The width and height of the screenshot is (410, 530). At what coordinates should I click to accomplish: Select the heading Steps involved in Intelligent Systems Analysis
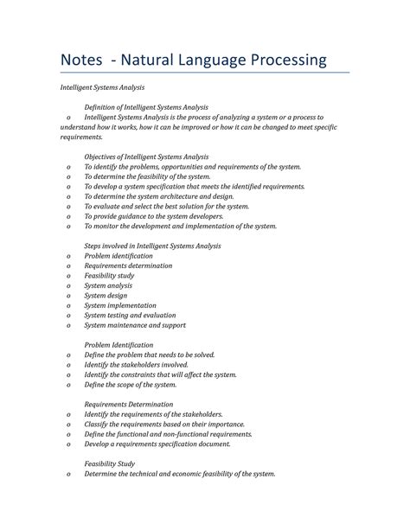tap(152, 246)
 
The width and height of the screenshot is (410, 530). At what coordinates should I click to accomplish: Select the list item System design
tap(107, 296)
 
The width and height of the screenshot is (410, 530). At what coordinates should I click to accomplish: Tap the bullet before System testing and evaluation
tap(68, 316)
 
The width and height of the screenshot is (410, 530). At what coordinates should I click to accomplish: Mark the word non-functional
tap(185, 435)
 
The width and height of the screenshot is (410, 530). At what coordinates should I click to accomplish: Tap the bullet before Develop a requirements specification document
tap(68, 444)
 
